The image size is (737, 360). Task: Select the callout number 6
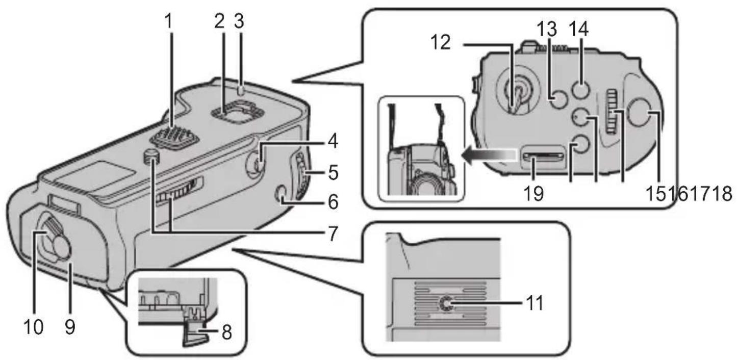point(333,202)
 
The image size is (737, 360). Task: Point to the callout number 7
point(333,234)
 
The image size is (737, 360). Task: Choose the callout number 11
point(535,304)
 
